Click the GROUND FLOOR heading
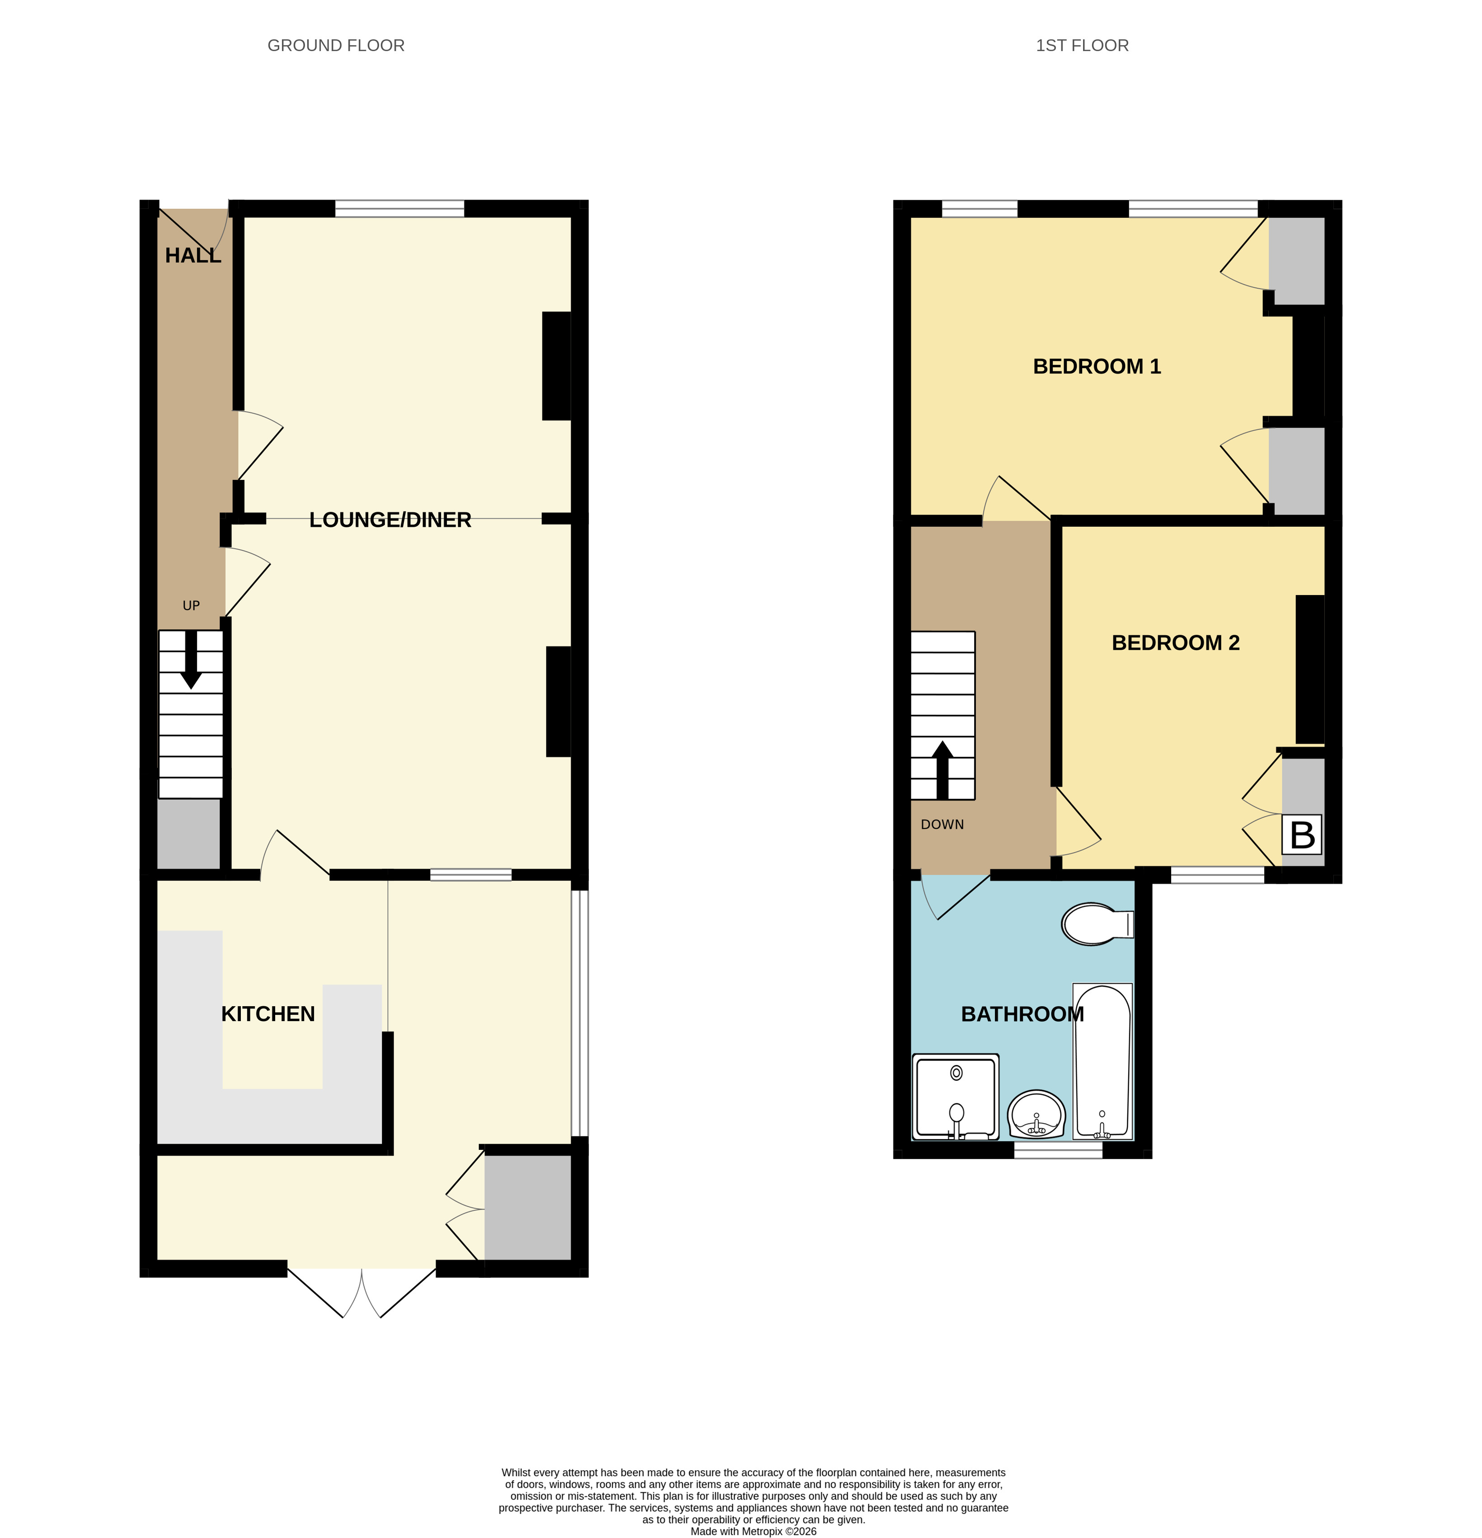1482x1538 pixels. (x=336, y=46)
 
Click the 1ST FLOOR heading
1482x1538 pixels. (x=1082, y=46)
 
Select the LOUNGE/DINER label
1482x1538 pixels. (x=390, y=520)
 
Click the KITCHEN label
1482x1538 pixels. (x=267, y=1014)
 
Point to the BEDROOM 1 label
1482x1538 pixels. (x=1096, y=366)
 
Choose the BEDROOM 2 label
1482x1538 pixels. (x=1175, y=642)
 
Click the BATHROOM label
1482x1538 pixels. (x=1022, y=1014)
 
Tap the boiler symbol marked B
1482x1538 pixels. (x=1302, y=835)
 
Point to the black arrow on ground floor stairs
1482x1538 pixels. (x=191, y=660)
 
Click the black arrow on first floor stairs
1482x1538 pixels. (x=942, y=769)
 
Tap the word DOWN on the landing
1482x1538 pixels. (x=942, y=825)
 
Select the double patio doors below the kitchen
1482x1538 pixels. (x=361, y=1291)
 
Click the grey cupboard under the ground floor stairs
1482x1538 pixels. (x=188, y=833)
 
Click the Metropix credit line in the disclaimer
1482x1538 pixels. (x=753, y=1531)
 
